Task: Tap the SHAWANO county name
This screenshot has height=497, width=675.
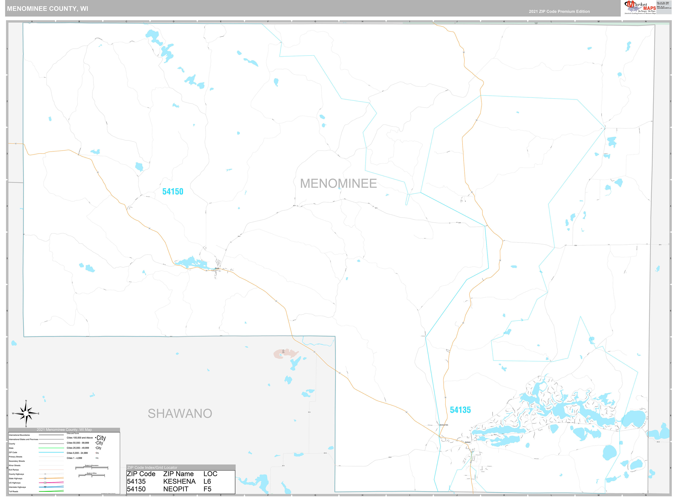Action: [x=180, y=414]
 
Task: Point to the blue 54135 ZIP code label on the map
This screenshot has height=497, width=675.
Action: [x=460, y=410]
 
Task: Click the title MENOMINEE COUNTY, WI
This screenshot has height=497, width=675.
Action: [x=48, y=9]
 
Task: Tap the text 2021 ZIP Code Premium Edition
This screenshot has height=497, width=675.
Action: [x=559, y=11]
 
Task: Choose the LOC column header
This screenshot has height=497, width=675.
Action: [x=210, y=474]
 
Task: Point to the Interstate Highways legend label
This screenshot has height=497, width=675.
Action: [x=17, y=487]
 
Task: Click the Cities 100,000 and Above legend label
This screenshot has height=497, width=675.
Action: [x=80, y=438]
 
